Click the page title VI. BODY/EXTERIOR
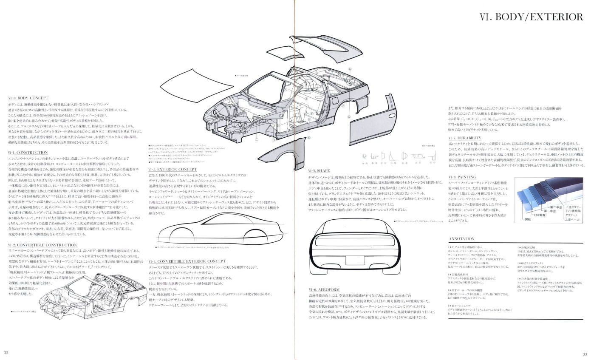point(531,17)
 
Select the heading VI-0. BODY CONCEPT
point(28,98)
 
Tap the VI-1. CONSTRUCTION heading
point(28,153)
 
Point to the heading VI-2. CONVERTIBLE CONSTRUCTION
point(42,245)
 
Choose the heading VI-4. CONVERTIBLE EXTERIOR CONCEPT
point(187,261)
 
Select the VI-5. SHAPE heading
point(319,171)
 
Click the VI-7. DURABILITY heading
point(465,138)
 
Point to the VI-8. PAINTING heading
point(462,177)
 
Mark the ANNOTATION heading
point(461,239)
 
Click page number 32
point(6,352)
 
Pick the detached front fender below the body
point(289,151)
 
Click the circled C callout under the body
point(257,139)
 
